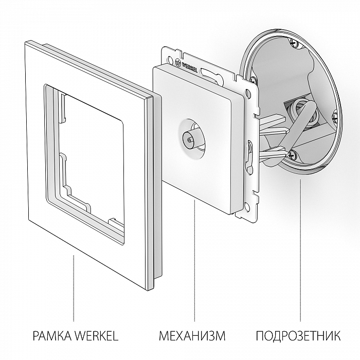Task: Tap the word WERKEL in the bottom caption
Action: pyautogui.click(x=97, y=337)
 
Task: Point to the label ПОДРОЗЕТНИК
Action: pyautogui.click(x=298, y=337)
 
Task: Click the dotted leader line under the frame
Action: pyautogui.click(x=74, y=288)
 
